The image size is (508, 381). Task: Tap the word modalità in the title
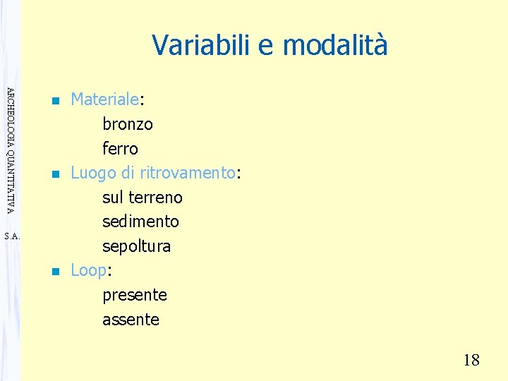point(334,45)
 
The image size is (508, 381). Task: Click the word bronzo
point(128,124)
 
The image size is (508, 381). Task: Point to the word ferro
point(120,149)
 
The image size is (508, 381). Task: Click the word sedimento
point(140,222)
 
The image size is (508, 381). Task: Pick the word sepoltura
point(137,246)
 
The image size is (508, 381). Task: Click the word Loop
point(88,270)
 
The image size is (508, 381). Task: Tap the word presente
point(135,294)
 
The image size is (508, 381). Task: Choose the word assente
point(131,319)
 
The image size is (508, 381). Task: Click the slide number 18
point(471,361)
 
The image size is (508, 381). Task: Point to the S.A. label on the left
point(12,237)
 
